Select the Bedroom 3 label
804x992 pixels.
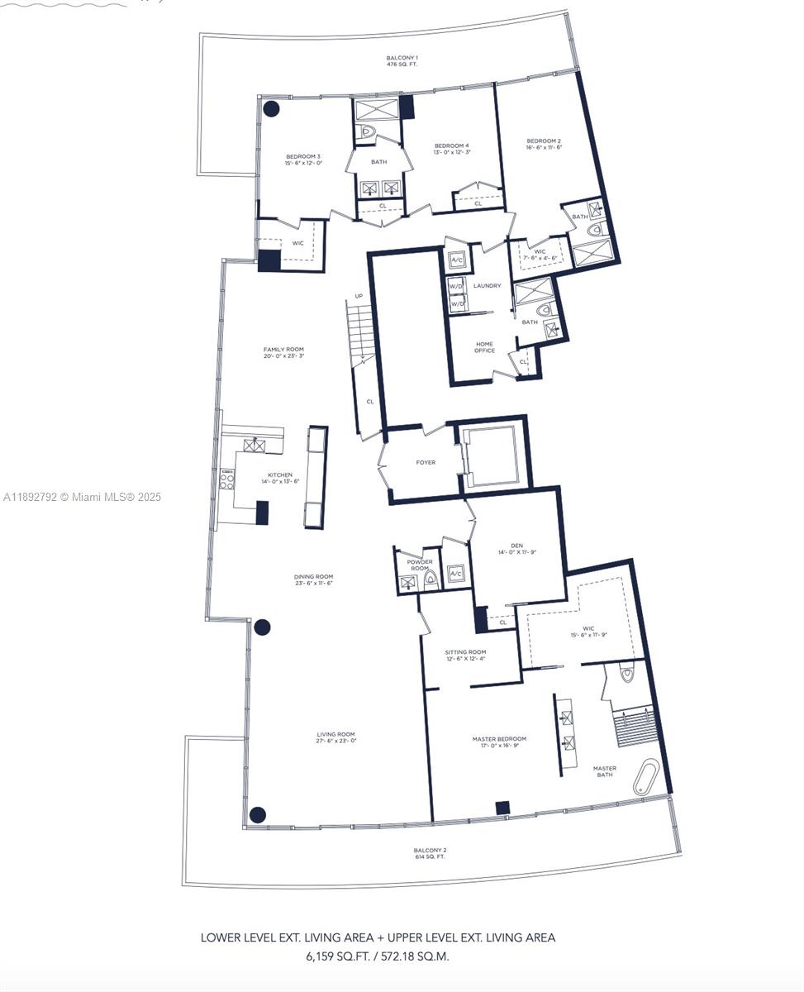point(303,160)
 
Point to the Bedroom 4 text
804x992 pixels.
point(452,149)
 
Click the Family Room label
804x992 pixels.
point(283,352)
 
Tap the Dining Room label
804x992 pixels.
point(313,579)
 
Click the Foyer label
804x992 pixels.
point(426,462)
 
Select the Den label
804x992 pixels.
point(516,548)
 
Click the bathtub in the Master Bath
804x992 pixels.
point(646,777)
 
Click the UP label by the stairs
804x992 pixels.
point(359,296)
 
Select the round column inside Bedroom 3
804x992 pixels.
point(271,108)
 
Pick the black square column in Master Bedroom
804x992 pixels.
point(502,808)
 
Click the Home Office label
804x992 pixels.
point(484,347)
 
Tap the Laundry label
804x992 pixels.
point(487,286)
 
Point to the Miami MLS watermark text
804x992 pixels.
point(83,497)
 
